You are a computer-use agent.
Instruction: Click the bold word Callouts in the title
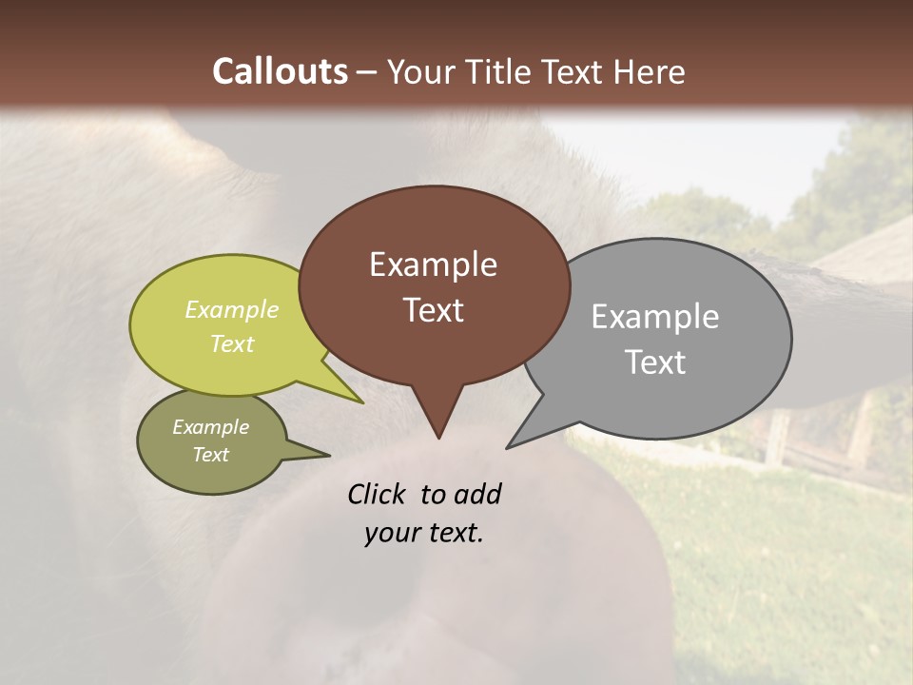(280, 71)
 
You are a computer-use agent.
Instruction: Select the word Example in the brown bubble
(433, 264)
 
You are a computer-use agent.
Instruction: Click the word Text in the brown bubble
(433, 310)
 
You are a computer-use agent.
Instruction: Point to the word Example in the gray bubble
(654, 317)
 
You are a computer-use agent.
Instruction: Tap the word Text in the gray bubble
(655, 362)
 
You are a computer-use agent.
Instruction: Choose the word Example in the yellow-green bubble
(232, 309)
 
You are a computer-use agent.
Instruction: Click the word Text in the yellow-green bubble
(232, 343)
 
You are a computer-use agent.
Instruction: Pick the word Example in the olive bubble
(210, 427)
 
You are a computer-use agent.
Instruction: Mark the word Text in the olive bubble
(210, 455)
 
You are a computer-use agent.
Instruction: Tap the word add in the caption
(477, 494)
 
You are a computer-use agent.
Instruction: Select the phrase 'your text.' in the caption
(424, 533)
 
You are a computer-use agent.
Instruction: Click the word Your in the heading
(421, 71)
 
